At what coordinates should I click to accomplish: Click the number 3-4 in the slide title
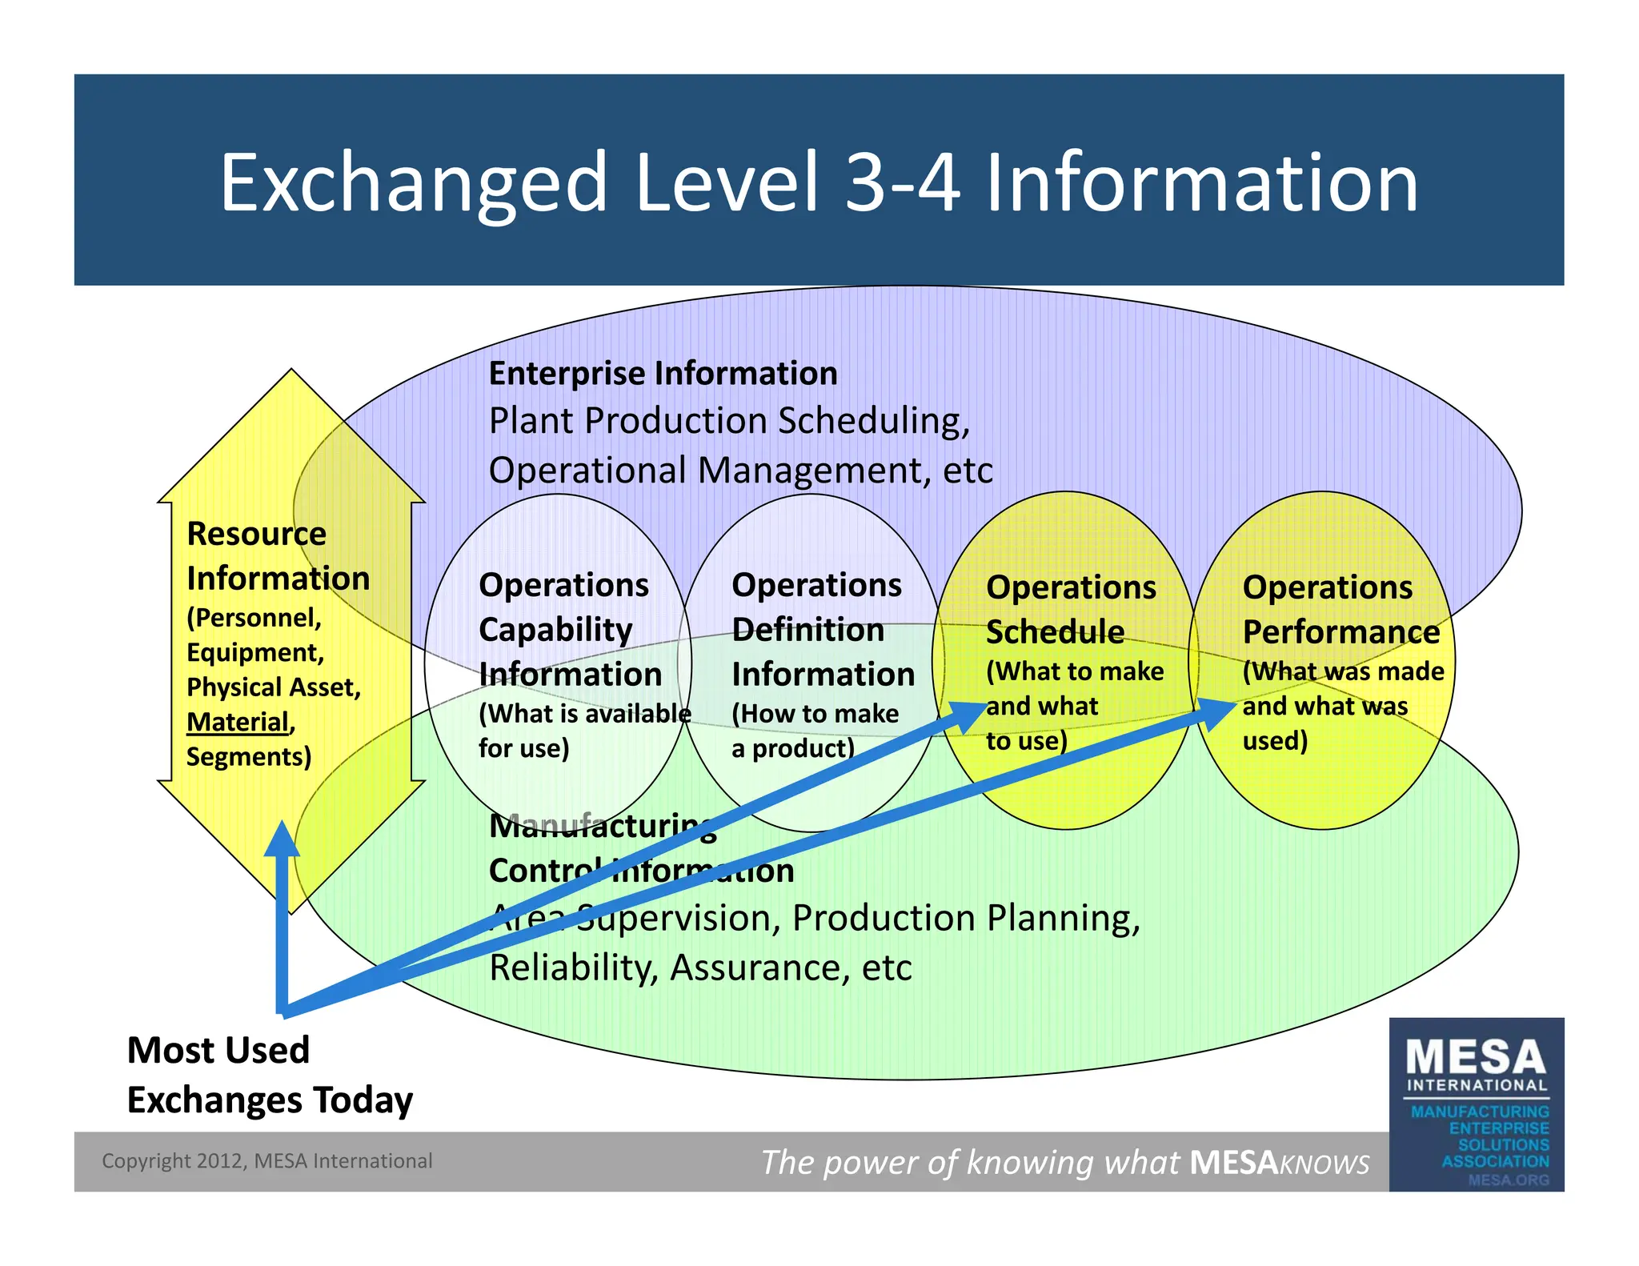coord(902,183)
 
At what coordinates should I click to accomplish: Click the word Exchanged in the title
coord(413,185)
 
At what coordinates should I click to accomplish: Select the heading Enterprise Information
coord(663,374)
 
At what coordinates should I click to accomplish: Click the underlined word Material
coord(238,722)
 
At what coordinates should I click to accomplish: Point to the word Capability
coord(555,630)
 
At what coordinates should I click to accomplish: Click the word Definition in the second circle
coord(807,630)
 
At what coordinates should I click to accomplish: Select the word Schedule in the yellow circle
coord(1055,632)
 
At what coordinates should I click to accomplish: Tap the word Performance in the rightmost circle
coord(1340,632)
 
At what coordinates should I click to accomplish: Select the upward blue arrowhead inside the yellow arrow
coord(282,840)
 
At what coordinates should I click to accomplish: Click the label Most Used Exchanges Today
coord(269,1075)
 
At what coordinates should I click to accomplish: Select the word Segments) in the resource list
coord(248,757)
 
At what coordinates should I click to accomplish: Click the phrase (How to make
coord(815,714)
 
